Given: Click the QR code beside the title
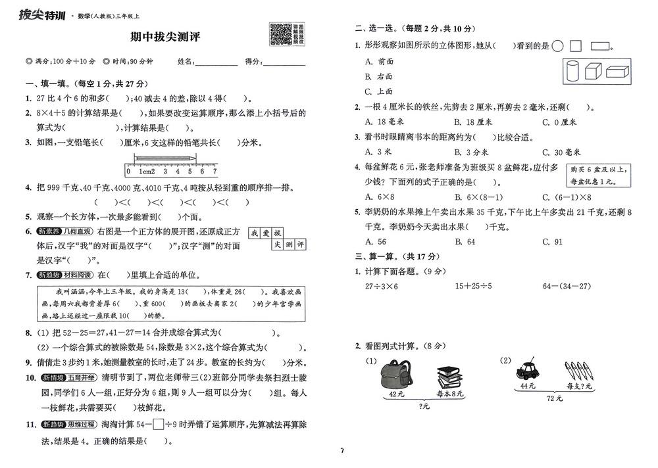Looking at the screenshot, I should click(x=281, y=34).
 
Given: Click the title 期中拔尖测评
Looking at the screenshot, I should click(x=165, y=37).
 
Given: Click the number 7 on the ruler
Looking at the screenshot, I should click(x=214, y=171).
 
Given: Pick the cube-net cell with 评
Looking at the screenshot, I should click(x=301, y=245).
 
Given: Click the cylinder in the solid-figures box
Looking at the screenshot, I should click(x=572, y=70).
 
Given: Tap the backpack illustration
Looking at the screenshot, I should click(x=396, y=375).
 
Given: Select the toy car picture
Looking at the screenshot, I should click(x=527, y=370).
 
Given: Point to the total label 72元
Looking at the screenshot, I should click(x=555, y=398).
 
